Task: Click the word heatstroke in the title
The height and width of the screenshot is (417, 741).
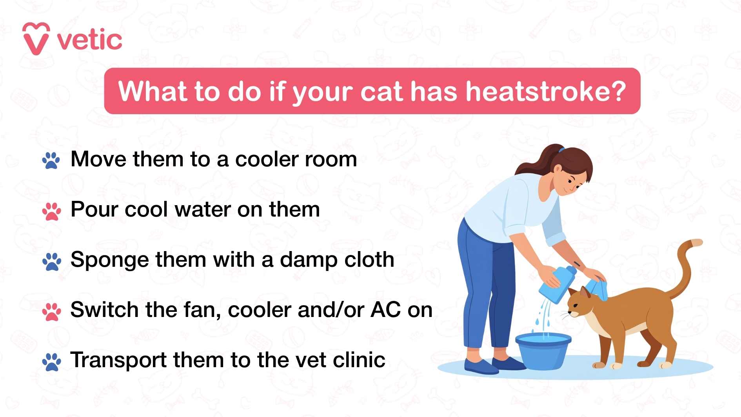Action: pyautogui.click(x=545, y=91)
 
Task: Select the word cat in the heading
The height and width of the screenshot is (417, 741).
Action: pyautogui.click(x=382, y=91)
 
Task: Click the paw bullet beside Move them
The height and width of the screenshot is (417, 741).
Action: pyautogui.click(x=51, y=160)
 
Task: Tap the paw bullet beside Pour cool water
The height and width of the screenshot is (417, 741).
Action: pyautogui.click(x=51, y=211)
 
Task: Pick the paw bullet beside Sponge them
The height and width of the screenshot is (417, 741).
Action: pyautogui.click(x=51, y=261)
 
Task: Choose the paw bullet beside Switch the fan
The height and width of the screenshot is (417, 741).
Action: pyautogui.click(x=51, y=311)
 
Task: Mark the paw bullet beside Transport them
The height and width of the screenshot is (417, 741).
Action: pyautogui.click(x=51, y=362)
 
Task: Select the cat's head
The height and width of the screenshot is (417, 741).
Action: pyautogui.click(x=581, y=304)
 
